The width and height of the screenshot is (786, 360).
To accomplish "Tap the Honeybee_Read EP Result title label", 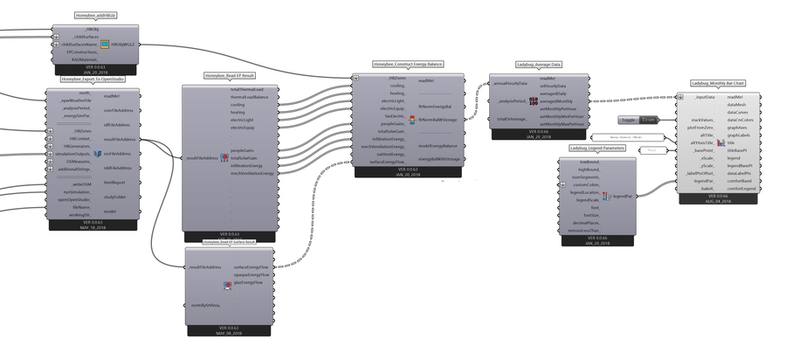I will [230, 76].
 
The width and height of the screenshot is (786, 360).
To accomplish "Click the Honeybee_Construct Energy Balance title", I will [408, 65].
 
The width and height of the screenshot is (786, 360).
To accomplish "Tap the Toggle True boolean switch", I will [638, 119].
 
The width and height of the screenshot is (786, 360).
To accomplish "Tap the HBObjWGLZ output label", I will [123, 44].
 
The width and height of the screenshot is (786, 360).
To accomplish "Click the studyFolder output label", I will [115, 197].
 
